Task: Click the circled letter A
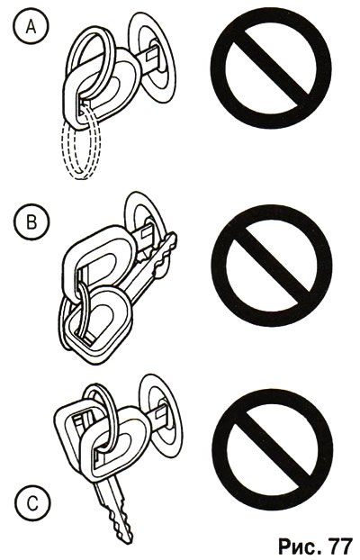tap(31, 26)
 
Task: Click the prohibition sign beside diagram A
tap(271, 68)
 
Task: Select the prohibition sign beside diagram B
tap(272, 266)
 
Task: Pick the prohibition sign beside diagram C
tap(273, 449)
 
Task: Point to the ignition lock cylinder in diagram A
tap(152, 58)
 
